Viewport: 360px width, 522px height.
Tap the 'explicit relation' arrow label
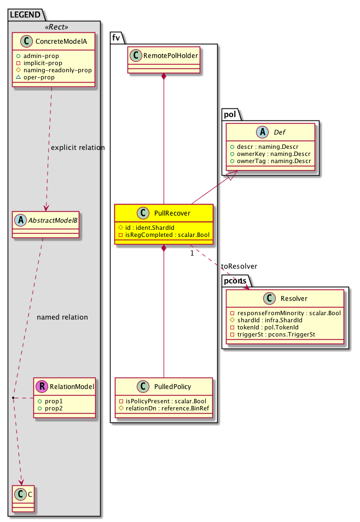coord(77,148)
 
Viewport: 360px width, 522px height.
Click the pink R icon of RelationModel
coord(42,387)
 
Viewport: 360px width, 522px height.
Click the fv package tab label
coord(117,37)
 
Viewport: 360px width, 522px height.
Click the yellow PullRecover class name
coord(170,212)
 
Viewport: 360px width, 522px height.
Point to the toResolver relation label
coord(239,266)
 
